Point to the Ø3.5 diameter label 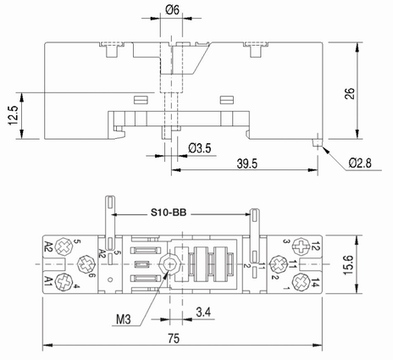coord(199,149)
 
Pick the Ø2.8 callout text coord(362,161)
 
